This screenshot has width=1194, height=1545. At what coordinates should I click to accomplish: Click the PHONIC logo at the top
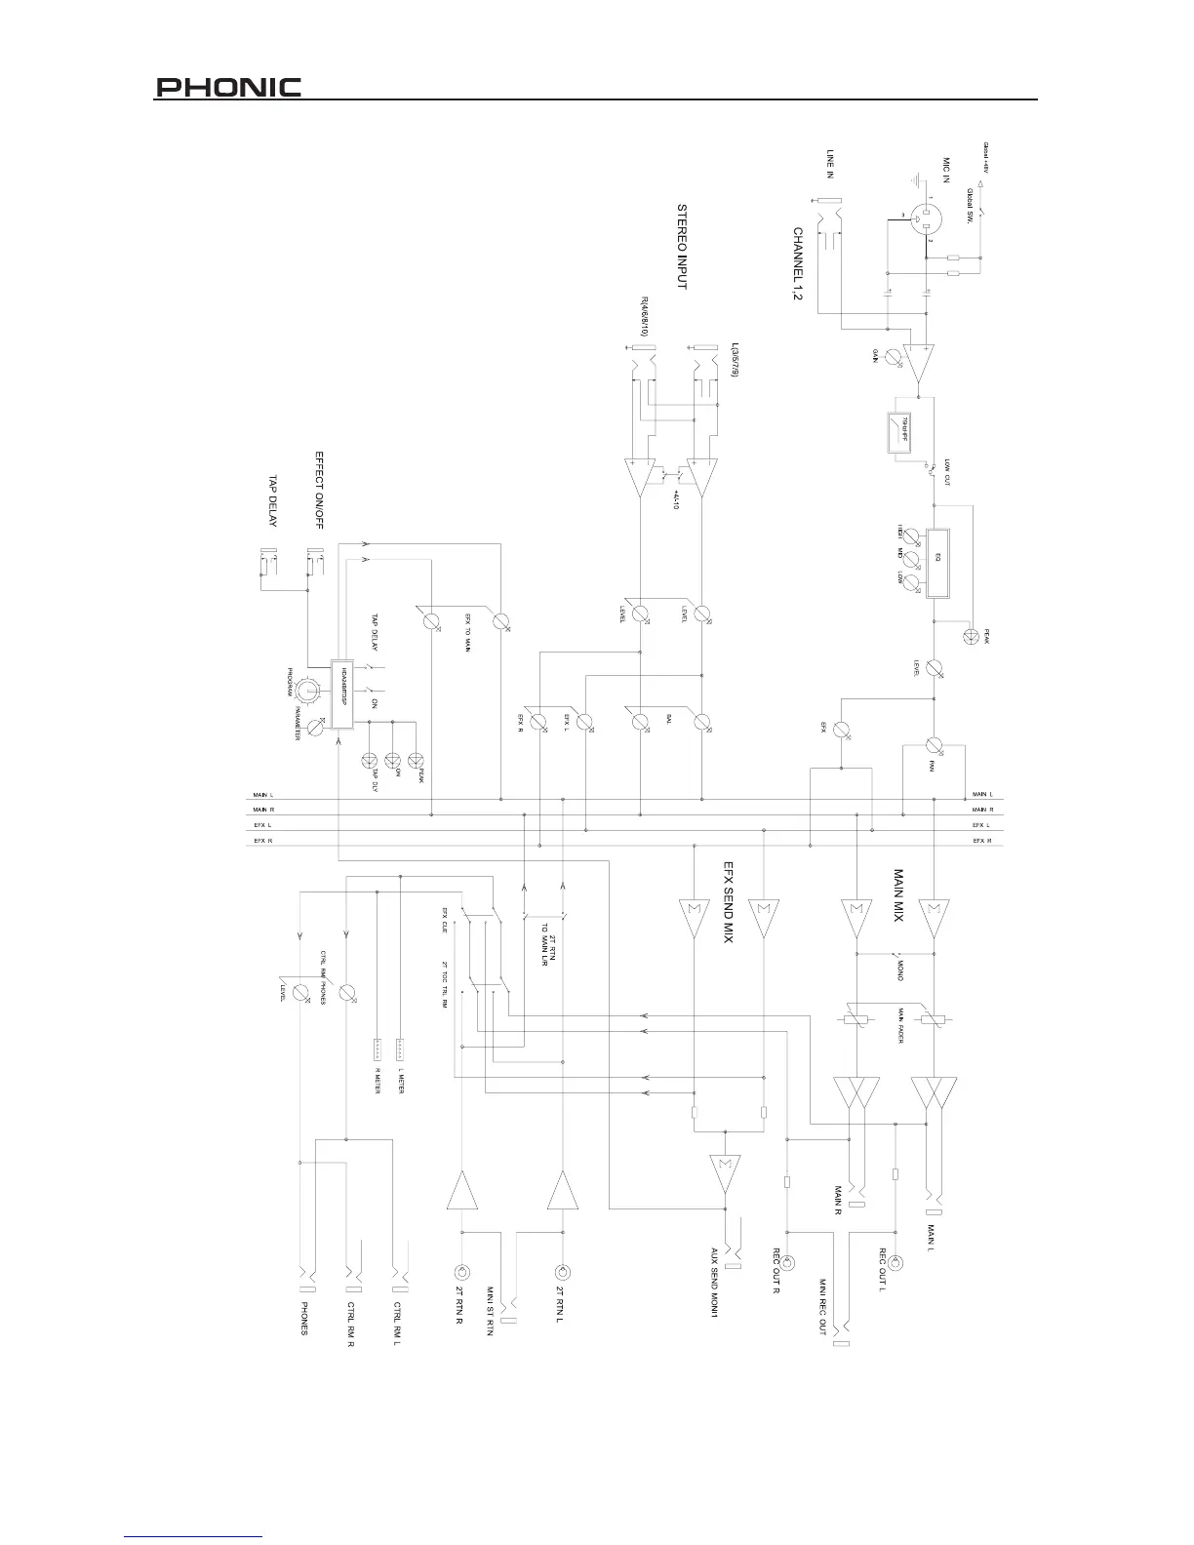pos(229,88)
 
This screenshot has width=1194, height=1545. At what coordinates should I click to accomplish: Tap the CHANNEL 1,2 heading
pos(797,265)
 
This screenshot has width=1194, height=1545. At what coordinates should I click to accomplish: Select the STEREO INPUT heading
pos(682,247)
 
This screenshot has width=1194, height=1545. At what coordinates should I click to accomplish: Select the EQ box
pos(936,561)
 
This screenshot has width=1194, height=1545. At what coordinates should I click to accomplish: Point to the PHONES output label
pos(304,1319)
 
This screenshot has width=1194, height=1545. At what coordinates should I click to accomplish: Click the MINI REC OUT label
pos(823,1307)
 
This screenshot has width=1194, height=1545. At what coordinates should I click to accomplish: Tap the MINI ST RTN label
pos(490,1312)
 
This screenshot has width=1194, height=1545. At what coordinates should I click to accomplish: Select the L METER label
pos(401,1081)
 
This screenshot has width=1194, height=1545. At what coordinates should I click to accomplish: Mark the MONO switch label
pos(899,970)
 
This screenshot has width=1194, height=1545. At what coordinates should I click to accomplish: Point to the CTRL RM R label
pos(350,1324)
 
